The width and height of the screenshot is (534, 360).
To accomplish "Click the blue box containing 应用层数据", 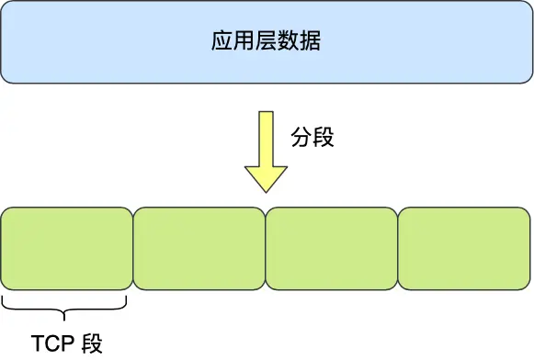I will pos(267,43).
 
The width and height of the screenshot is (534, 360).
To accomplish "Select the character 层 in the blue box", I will pos(267,43).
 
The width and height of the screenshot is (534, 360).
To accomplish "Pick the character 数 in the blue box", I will pos(289,43).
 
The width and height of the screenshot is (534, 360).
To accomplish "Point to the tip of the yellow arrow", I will pos(266,191).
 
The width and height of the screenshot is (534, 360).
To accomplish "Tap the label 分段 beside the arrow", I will pos(312,138).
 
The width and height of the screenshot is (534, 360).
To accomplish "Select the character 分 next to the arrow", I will pos(301,138).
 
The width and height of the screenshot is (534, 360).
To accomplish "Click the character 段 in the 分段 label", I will pos(324,138).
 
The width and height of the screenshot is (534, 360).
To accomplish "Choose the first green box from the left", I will pos(67,247).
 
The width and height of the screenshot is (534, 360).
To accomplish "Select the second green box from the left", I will pos(199,247).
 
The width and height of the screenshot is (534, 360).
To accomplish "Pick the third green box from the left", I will pos(332,247).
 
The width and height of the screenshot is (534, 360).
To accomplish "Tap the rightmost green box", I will pos(464,247).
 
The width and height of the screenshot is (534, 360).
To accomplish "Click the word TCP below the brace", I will pos(53,344).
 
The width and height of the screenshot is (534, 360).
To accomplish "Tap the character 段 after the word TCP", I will pos(93,344).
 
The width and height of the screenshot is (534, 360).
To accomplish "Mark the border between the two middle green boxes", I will pos(266,247).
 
